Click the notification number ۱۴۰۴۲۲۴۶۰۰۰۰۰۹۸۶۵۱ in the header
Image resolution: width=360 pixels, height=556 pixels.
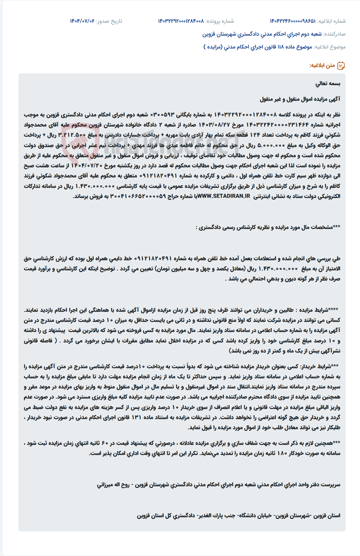(x=293, y=21)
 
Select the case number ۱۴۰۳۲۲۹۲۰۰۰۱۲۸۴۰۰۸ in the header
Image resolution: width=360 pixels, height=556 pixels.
(x=181, y=21)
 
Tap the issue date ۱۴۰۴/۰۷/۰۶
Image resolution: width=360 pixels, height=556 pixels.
(x=82, y=21)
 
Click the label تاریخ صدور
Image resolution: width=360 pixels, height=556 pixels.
(x=109, y=21)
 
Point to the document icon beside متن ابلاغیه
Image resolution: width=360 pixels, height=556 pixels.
(x=341, y=66)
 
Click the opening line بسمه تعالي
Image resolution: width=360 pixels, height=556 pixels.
(x=328, y=84)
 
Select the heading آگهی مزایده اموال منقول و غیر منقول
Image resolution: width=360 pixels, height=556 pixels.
(x=300, y=99)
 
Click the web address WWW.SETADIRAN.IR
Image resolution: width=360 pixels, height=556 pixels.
(x=224, y=196)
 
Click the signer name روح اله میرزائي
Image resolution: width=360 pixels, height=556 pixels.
(x=113, y=485)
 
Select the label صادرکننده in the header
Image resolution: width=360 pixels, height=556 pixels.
(x=335, y=34)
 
